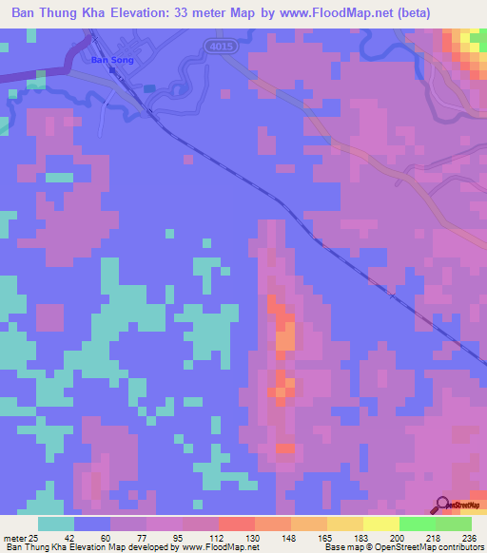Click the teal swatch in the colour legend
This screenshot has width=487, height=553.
pos(56,524)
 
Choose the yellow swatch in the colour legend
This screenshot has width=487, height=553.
pos(381,524)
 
